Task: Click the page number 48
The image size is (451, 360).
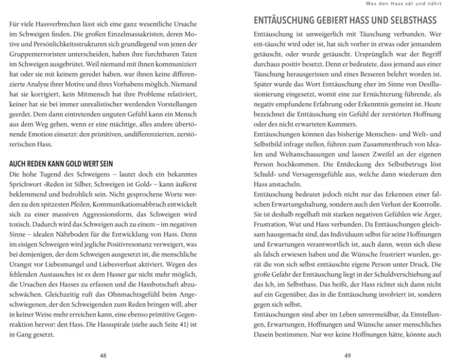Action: tap(103, 355)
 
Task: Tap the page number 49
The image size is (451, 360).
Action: tap(347, 355)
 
